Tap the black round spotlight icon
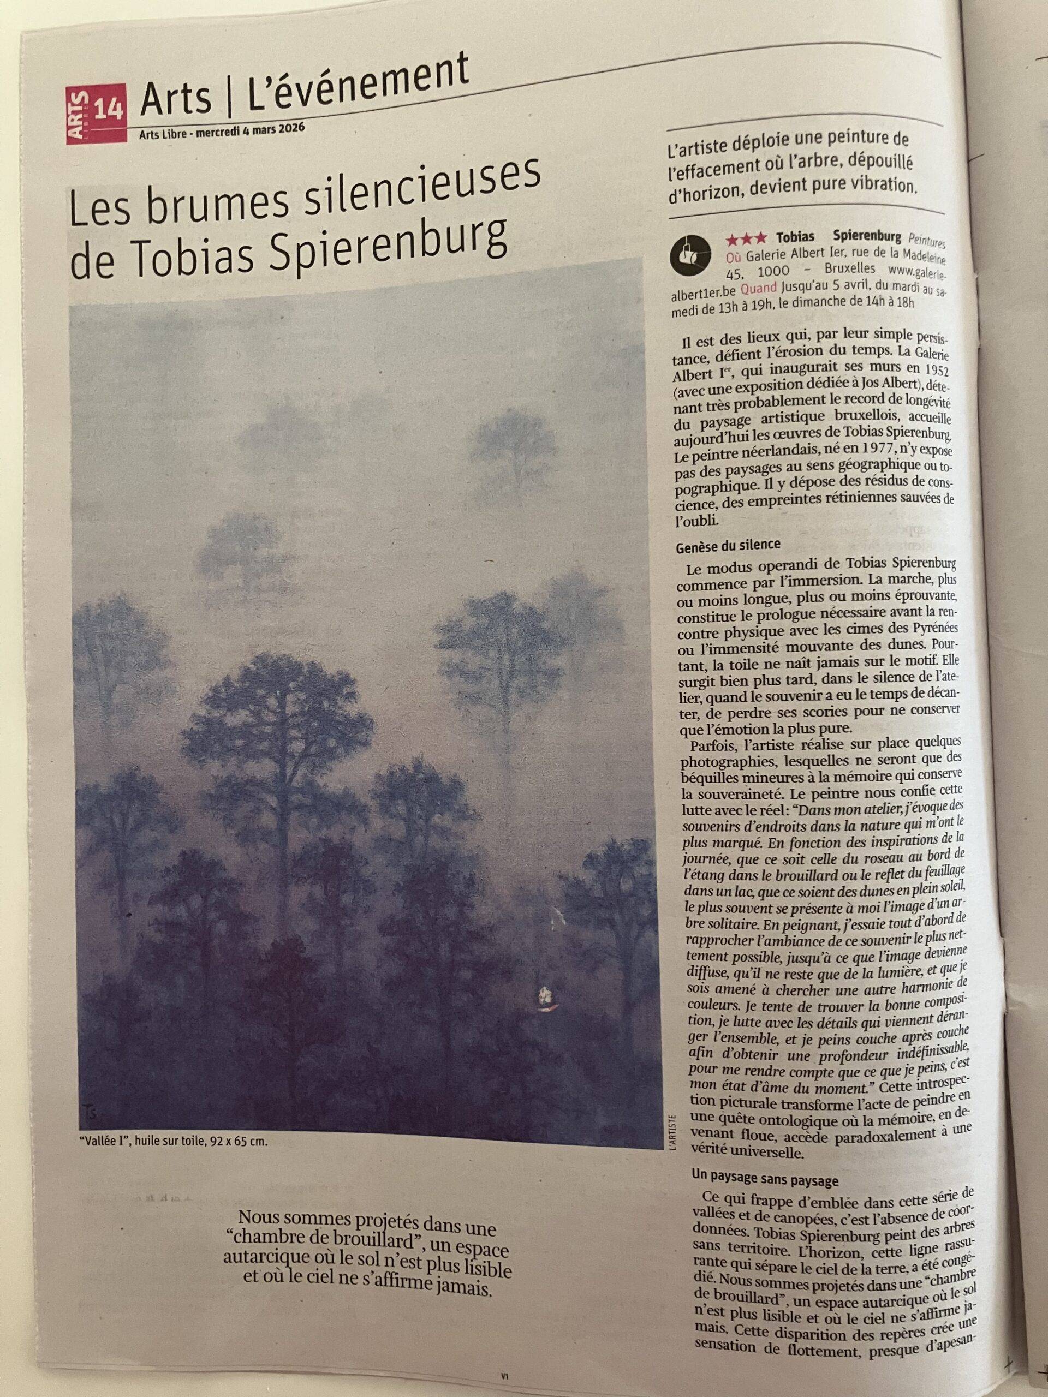pos(685,255)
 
